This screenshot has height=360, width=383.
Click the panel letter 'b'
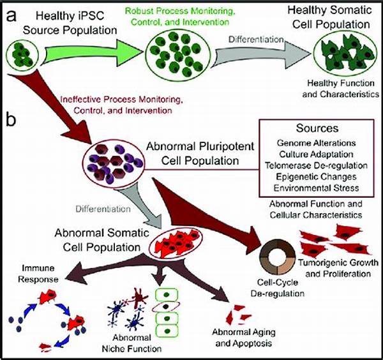point(10,118)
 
